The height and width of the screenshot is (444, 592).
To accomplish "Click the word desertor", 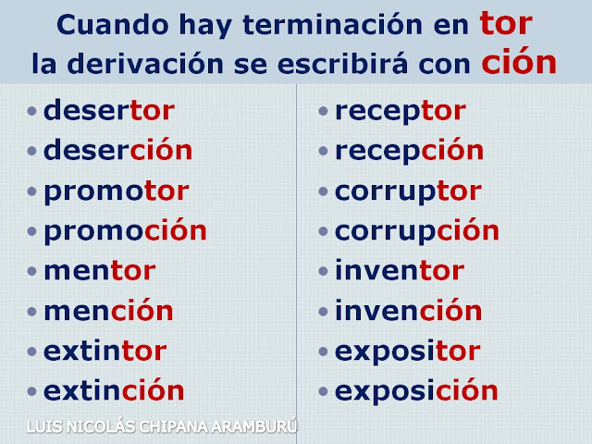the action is (x=109, y=110).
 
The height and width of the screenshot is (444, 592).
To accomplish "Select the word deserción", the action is (x=118, y=149).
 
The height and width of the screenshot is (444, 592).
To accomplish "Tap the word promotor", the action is (x=117, y=191).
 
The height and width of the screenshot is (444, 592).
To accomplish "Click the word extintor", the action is (x=105, y=351).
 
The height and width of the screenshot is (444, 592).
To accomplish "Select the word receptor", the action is (x=401, y=111).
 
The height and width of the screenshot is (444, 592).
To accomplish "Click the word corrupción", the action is (x=417, y=230).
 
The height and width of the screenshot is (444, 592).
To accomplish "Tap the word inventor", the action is (x=400, y=270).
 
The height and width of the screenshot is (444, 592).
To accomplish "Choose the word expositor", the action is (x=408, y=351).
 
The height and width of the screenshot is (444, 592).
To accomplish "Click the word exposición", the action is (x=416, y=391).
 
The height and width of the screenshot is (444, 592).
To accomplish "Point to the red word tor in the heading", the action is (x=506, y=23).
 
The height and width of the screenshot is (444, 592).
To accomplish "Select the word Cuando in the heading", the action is (x=113, y=25).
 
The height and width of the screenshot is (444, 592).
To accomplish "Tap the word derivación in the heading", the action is (x=145, y=63).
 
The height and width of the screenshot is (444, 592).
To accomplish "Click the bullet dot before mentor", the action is (x=31, y=271).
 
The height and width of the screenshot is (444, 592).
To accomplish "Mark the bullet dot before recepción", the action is (x=323, y=151).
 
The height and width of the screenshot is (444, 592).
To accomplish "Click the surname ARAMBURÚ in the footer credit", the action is (x=254, y=426).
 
